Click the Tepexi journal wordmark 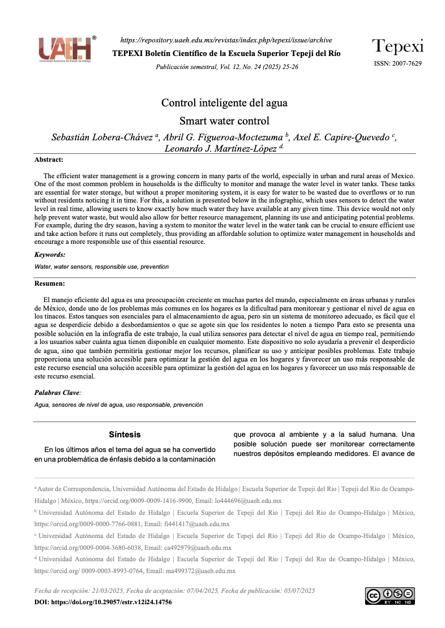tap(397, 46)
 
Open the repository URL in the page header tap(226, 40)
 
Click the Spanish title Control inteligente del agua tap(224, 103)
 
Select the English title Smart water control tap(224, 121)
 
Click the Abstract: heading tap(49, 160)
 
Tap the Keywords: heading tap(50, 255)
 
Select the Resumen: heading tap(50, 283)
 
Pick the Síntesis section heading tap(125, 435)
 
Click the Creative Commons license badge tap(390, 596)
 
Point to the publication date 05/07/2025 tap(298, 591)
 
